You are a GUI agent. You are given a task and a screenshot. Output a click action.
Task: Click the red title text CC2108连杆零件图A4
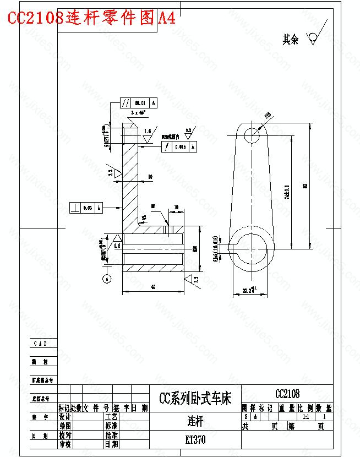[91, 18]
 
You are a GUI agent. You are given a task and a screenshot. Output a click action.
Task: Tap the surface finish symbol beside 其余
[313, 38]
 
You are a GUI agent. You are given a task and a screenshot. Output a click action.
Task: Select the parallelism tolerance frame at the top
[138, 103]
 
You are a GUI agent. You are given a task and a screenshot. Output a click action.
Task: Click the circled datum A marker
[107, 279]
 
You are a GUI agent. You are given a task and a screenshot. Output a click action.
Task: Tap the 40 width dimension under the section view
[152, 287]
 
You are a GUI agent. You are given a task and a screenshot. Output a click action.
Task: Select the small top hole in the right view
[252, 135]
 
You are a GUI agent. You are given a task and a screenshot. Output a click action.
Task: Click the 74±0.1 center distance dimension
[287, 192]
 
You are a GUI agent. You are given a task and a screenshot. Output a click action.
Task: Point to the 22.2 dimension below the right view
[243, 291]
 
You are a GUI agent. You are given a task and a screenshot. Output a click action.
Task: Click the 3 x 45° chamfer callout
[138, 112]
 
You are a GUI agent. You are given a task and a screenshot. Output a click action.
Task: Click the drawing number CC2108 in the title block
[287, 394]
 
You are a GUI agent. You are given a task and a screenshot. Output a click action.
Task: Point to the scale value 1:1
[306, 417]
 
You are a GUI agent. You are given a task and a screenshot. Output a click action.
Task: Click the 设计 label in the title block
[65, 417]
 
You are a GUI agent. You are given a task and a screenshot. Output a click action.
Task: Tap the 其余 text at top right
[290, 39]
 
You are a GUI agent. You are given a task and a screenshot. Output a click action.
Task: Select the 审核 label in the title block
[65, 443]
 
